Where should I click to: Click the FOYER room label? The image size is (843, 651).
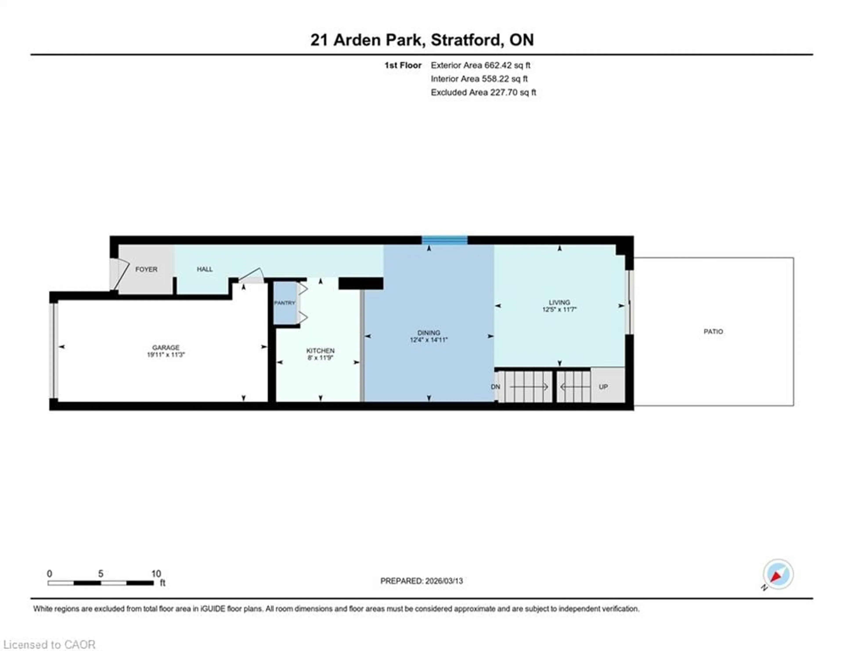tap(146, 269)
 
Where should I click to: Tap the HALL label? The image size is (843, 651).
tap(205, 269)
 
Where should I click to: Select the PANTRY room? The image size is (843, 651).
tap(285, 303)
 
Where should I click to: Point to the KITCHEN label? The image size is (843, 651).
tap(320, 351)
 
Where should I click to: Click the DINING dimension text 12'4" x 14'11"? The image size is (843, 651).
tap(429, 340)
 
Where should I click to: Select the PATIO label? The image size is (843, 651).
tap(713, 331)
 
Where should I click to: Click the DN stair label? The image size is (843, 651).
tap(496, 387)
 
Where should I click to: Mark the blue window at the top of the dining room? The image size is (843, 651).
tap(444, 240)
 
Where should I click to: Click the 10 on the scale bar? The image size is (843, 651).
tap(156, 573)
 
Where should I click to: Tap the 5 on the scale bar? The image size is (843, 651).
tap(101, 573)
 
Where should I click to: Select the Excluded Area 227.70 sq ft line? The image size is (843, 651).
tap(483, 92)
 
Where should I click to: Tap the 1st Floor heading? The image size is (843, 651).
tap(403, 65)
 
